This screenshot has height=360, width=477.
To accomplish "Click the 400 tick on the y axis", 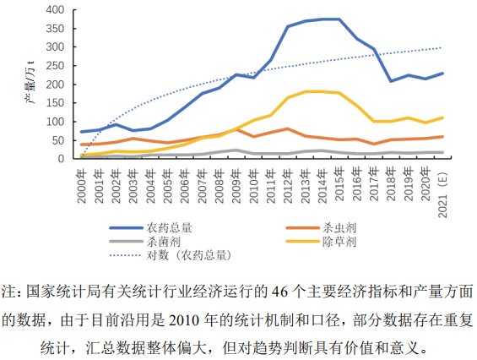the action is coord(55,10).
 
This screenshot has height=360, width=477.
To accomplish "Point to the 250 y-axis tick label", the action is coord(55,66).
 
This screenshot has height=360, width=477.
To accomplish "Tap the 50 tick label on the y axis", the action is coord(58,140).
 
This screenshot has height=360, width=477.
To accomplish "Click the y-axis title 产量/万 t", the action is coord(30,83).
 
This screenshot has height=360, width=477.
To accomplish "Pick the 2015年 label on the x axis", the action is coord(339,183).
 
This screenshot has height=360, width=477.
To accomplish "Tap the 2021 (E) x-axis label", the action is coord(442,195).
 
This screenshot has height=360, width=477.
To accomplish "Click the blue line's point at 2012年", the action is coord(288,26).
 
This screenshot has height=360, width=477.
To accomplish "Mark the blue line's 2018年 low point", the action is coord(391,81).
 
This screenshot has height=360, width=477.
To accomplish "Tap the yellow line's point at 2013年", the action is coord(305,91).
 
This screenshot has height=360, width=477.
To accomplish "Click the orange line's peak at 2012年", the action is coord(288,129).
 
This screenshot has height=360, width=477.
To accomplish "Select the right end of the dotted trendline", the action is coord(441,48).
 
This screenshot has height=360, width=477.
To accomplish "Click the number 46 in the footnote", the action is coord(280,292).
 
